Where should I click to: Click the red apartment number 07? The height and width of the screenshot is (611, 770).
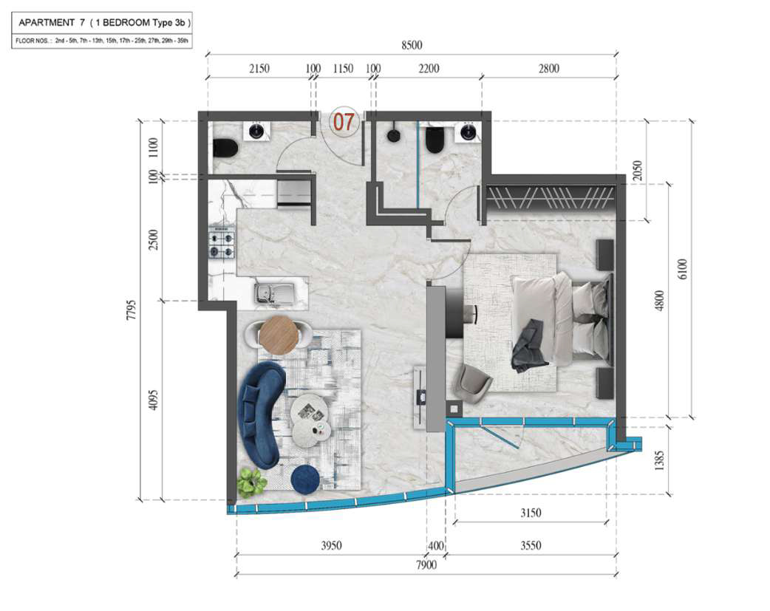[344, 122]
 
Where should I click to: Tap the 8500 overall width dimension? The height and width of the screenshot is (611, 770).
[412, 45]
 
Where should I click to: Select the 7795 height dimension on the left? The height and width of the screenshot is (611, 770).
[131, 310]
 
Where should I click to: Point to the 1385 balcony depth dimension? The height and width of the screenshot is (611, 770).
[659, 461]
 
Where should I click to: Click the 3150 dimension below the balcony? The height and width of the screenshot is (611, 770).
[531, 513]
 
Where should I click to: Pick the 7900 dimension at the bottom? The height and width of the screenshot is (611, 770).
[426, 565]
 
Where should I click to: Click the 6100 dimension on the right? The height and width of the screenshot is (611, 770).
[683, 269]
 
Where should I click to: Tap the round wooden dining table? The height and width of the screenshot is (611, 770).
[279, 334]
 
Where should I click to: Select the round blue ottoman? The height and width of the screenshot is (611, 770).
[305, 478]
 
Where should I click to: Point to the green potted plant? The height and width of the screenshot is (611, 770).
[251, 482]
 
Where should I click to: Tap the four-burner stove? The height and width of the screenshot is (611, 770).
[222, 243]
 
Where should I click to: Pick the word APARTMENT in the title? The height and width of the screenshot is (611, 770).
[46, 23]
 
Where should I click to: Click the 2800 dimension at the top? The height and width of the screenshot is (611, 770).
[548, 69]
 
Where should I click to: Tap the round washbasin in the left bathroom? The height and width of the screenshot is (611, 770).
[256, 131]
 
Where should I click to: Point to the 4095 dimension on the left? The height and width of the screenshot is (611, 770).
[154, 400]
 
